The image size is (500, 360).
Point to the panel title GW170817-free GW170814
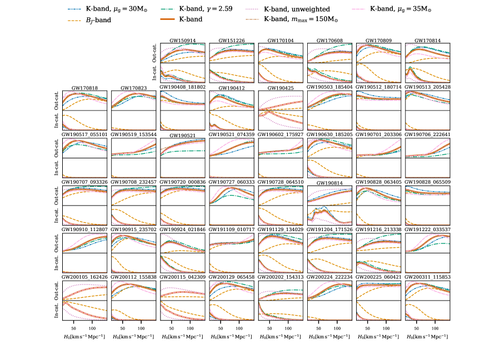[427, 41]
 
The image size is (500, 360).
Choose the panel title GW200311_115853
[427, 278]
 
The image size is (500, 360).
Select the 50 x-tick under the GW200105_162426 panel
[73, 327]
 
